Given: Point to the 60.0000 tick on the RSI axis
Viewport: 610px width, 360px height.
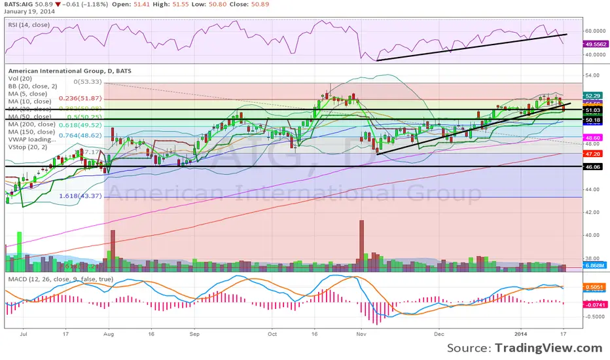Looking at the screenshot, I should pyautogui.click(x=594, y=30).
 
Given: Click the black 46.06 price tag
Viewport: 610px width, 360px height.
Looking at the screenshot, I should pyautogui.click(x=593, y=167).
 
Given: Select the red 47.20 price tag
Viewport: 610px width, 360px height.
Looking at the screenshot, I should pyautogui.click(x=593, y=154).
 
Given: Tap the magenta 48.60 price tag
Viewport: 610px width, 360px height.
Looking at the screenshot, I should pyautogui.click(x=593, y=138).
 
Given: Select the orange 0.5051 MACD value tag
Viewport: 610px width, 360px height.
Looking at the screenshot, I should pyautogui.click(x=593, y=286).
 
